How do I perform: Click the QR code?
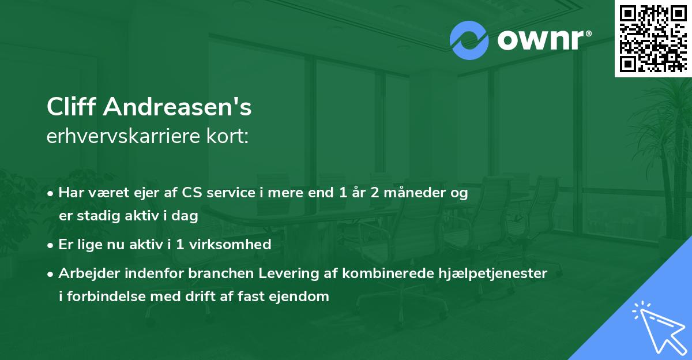point(653,38)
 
